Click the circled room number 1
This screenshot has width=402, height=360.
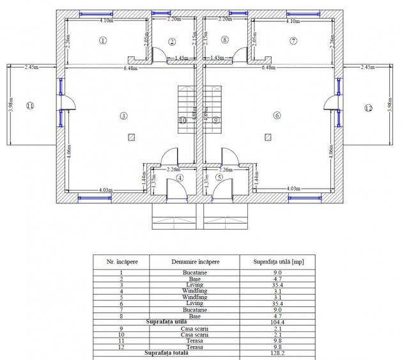(103, 40)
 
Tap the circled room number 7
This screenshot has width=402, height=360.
(293, 40)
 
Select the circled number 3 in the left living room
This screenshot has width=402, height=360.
(123, 115)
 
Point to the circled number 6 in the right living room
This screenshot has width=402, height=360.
(277, 115)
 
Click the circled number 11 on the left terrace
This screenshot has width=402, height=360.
(29, 106)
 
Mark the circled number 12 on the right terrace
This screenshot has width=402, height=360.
(368, 109)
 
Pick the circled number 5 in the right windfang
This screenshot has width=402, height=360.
(219, 178)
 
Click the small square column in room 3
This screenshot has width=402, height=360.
(131, 136)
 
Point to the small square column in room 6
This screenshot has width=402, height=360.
(267, 136)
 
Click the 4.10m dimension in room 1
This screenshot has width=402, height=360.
(107, 21)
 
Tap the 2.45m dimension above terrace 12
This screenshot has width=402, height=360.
(367, 67)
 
